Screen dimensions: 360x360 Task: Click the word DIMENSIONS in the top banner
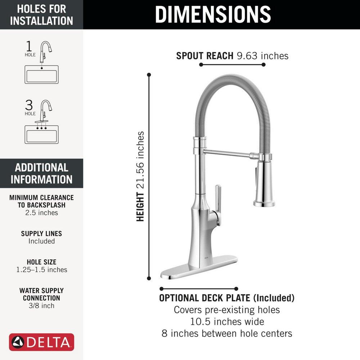(x=213, y=14)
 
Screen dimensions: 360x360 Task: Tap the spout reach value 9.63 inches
(x=263, y=56)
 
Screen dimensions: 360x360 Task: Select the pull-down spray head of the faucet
(x=264, y=184)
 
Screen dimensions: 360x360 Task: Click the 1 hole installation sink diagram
(x=41, y=75)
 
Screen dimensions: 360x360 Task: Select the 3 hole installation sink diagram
(x=41, y=134)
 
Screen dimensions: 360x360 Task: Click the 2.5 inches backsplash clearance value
(x=41, y=213)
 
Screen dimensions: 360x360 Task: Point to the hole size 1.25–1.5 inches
(x=41, y=270)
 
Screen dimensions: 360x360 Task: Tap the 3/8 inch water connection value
(x=41, y=306)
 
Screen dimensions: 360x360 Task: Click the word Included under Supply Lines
(x=41, y=241)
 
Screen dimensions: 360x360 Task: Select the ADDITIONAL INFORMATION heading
(x=41, y=173)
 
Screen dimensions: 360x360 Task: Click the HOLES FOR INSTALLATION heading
(x=41, y=14)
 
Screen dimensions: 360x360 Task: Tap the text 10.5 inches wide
(x=227, y=321)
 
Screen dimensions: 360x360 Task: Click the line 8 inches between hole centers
(x=227, y=333)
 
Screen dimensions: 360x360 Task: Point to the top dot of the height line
(x=149, y=75)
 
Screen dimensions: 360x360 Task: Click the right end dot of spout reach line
(x=264, y=65)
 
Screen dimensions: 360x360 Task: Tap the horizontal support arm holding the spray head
(x=227, y=154)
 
